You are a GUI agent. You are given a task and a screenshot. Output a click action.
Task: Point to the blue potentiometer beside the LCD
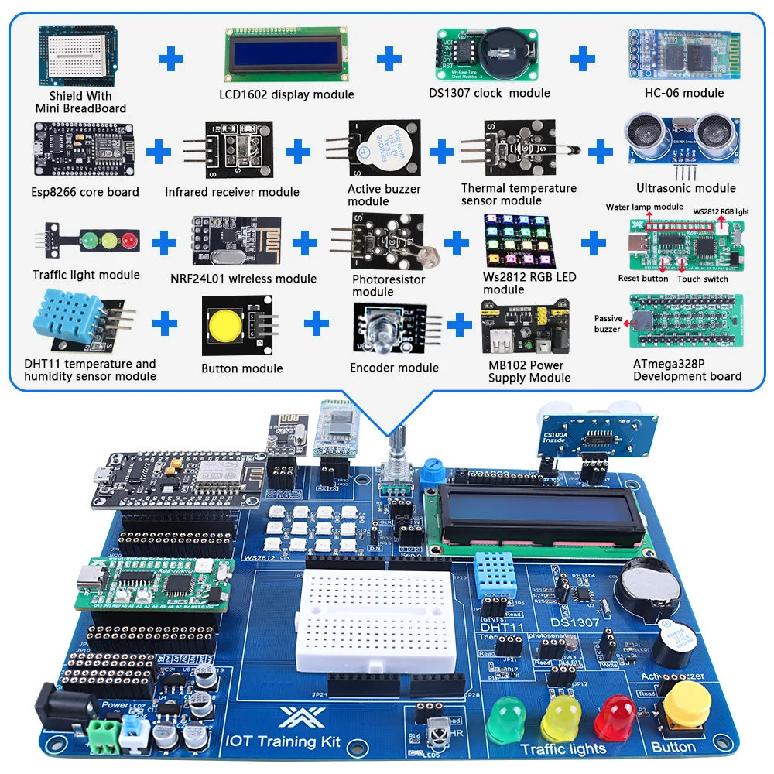coord(430,470)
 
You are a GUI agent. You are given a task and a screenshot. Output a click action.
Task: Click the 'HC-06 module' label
coord(684,93)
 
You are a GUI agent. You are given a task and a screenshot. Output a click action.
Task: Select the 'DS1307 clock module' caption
coord(489,93)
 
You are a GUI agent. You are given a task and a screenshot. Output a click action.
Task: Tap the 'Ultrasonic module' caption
coord(686,188)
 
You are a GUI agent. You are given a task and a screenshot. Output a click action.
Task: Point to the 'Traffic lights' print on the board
coord(563,748)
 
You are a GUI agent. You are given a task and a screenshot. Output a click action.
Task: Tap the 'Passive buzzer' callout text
coord(608,324)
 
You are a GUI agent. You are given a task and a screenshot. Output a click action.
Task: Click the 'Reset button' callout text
coord(643,279)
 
